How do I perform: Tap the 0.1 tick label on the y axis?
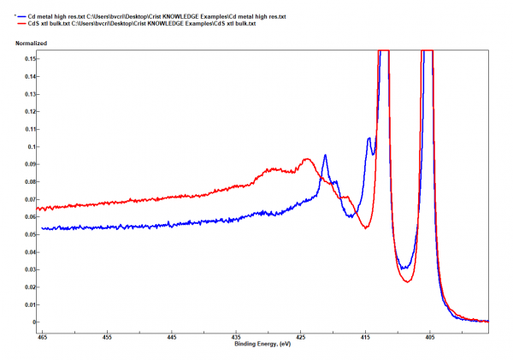tap(32, 146)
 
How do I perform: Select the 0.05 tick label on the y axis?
tap(30, 234)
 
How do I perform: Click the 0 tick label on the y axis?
tap(35, 322)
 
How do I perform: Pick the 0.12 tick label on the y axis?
tap(30, 111)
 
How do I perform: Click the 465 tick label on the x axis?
tap(44, 336)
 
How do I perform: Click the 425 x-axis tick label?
tap(300, 336)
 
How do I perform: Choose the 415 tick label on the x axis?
tap(365, 336)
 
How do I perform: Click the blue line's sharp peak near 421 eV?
tap(325, 156)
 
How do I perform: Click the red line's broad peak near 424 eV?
tap(306, 159)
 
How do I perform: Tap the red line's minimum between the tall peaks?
tap(407, 280)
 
